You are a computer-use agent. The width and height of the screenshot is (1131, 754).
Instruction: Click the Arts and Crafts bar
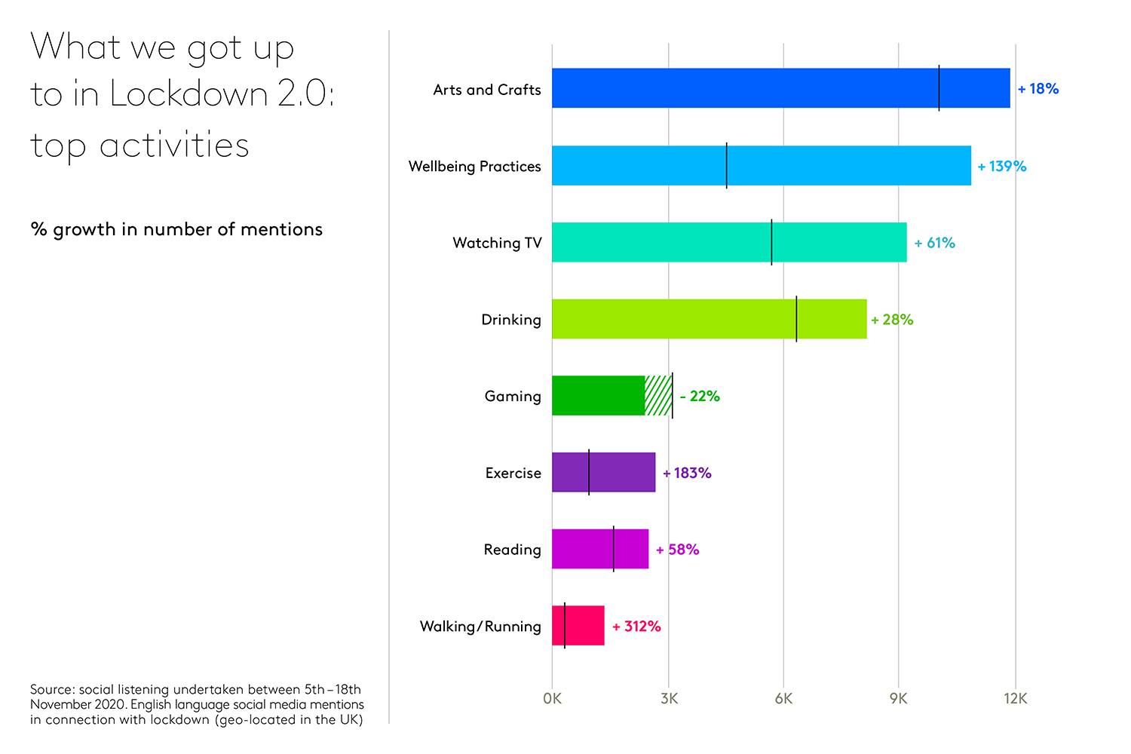click(780, 88)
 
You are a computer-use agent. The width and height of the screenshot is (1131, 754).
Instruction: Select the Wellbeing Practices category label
click(474, 167)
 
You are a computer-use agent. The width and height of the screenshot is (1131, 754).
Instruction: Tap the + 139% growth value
click(1001, 167)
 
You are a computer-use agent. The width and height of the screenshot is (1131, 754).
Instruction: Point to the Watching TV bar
click(728, 242)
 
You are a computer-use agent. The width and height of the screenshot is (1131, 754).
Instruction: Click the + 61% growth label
click(934, 243)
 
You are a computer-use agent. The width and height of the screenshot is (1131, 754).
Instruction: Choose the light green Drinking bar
click(709, 319)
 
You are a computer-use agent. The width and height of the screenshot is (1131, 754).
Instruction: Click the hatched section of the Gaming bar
click(658, 396)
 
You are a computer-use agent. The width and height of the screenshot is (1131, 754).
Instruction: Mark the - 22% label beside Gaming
click(700, 397)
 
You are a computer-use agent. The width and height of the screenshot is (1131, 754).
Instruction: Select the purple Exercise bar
click(603, 473)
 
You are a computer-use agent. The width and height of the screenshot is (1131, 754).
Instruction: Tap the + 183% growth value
click(687, 474)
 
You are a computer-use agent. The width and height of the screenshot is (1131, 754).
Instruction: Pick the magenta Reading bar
click(599, 549)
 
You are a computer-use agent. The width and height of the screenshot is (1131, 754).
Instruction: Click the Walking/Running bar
click(578, 626)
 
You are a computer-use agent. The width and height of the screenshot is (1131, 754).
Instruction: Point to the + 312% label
click(636, 627)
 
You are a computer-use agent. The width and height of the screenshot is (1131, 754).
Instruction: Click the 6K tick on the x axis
click(783, 699)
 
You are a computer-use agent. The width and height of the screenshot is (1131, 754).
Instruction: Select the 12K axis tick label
click(1015, 699)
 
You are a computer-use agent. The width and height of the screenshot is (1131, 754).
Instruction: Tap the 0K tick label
click(552, 699)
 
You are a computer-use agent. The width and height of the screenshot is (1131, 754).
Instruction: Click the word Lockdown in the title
click(188, 95)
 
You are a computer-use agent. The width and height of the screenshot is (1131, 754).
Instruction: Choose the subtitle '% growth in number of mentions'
click(176, 230)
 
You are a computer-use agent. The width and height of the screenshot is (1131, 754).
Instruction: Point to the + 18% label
click(1038, 89)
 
